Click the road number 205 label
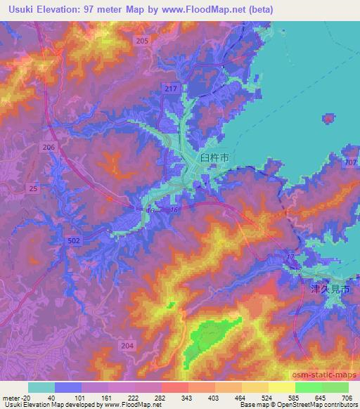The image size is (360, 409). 143,41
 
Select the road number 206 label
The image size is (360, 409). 49,147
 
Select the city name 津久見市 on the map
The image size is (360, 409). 330,289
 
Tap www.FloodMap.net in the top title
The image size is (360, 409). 209,11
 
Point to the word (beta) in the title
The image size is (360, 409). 259,11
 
